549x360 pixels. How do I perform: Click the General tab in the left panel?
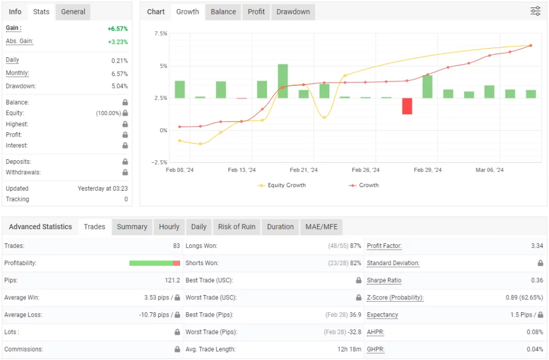click(x=73, y=12)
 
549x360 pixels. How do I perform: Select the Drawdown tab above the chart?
click(x=293, y=12)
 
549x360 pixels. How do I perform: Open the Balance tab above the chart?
click(x=223, y=12)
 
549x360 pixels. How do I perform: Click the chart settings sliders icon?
click(x=535, y=11)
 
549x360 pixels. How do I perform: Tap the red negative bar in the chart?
click(x=407, y=106)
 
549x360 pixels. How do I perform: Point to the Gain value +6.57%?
click(x=117, y=28)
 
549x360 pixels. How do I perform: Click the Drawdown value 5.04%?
click(x=119, y=86)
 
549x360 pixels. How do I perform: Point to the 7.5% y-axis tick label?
click(x=161, y=34)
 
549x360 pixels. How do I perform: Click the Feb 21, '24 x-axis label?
click(x=303, y=170)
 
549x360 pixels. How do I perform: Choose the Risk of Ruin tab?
click(x=236, y=227)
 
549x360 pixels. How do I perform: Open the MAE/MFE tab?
click(x=322, y=227)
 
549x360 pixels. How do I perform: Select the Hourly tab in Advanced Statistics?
click(x=169, y=227)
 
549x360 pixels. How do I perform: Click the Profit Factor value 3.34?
click(x=537, y=246)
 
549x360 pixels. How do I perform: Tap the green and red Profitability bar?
click(x=154, y=263)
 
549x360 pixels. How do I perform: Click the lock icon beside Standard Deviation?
click(x=540, y=263)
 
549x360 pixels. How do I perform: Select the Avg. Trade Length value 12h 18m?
click(x=348, y=349)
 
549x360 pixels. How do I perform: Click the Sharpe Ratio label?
click(x=384, y=280)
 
